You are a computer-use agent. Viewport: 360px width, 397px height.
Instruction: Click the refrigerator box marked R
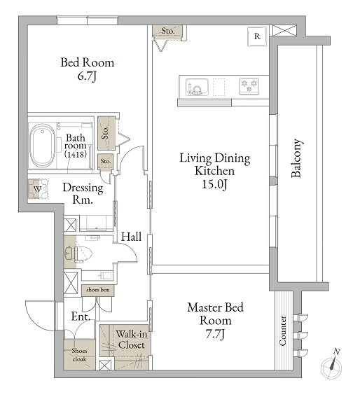[x=257, y=36]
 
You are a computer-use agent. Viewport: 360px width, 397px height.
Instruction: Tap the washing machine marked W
[x=38, y=189]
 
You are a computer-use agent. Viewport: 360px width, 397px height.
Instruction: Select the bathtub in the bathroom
[x=42, y=146]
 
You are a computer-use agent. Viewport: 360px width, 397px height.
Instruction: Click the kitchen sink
[x=197, y=87]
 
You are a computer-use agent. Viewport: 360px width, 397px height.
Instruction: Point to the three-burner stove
[x=249, y=86]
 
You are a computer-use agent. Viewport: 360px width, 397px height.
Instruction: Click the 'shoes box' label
[x=98, y=290]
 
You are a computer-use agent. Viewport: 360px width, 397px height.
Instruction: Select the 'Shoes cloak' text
[x=79, y=355]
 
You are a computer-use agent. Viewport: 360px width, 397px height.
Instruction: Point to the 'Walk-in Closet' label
[x=132, y=340]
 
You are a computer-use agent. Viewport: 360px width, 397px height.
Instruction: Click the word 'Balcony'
[x=297, y=158]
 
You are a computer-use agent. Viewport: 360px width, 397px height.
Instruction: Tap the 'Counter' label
[x=282, y=330]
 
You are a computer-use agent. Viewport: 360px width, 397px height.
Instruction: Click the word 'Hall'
[x=131, y=237]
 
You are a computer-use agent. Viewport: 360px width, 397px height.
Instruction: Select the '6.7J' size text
[x=87, y=76]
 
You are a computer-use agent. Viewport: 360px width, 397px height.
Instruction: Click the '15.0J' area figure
[x=214, y=184]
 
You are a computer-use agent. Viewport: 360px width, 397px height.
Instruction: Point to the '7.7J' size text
[x=215, y=334]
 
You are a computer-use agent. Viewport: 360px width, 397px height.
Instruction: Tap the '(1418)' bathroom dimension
[x=76, y=154]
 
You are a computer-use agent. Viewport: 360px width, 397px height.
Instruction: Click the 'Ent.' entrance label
[x=81, y=316]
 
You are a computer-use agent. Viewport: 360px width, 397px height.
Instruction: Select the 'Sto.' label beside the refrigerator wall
[x=168, y=31]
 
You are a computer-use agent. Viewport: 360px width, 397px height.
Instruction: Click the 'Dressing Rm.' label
[x=83, y=194]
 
